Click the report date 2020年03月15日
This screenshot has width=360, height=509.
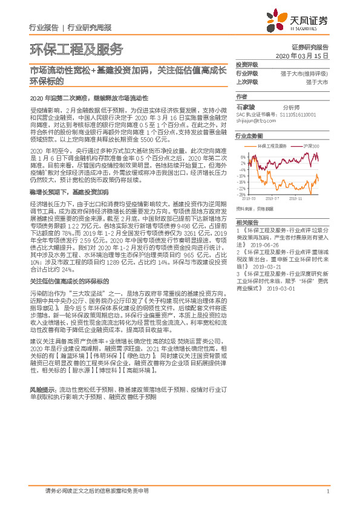pos(306,55)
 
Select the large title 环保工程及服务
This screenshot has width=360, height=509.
pos(76,49)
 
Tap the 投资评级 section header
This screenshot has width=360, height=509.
pos(247,63)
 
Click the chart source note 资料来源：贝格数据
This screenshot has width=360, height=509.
pos(254,208)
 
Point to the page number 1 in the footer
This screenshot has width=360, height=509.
pos(327,492)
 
